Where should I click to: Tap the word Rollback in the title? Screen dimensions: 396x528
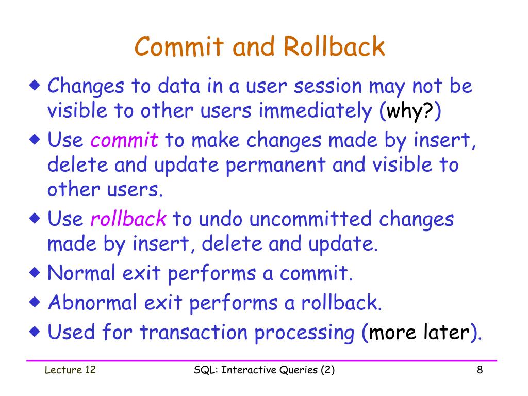click(334, 47)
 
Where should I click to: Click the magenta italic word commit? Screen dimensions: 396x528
click(124, 140)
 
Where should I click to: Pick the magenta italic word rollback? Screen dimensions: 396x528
click(128, 219)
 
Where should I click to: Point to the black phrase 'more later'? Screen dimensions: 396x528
click(418, 333)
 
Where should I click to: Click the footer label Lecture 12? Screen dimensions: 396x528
click(70, 370)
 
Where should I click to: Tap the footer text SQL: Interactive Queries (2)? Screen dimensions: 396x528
click(264, 370)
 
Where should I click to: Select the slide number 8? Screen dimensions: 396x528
click(480, 370)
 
